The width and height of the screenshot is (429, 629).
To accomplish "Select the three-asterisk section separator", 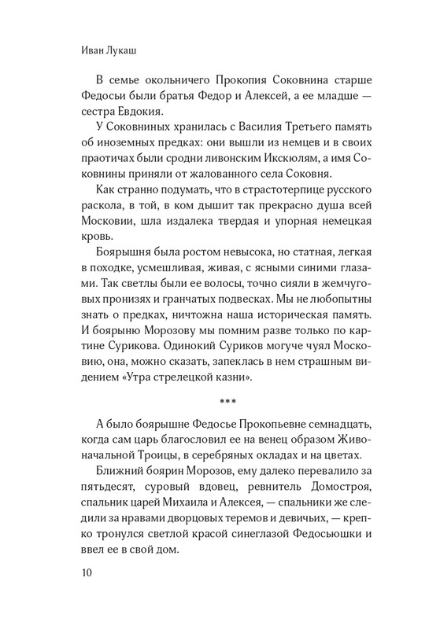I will pyautogui.click(x=214, y=407).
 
